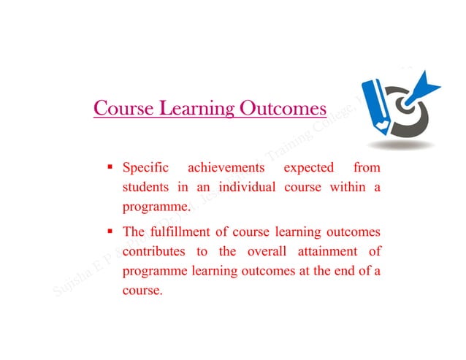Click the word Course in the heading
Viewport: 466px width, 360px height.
[120, 110]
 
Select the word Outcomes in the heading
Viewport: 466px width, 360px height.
[280, 110]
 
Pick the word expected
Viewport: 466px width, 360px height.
[308, 169]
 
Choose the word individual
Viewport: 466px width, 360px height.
[245, 188]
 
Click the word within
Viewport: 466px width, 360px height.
[346, 188]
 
